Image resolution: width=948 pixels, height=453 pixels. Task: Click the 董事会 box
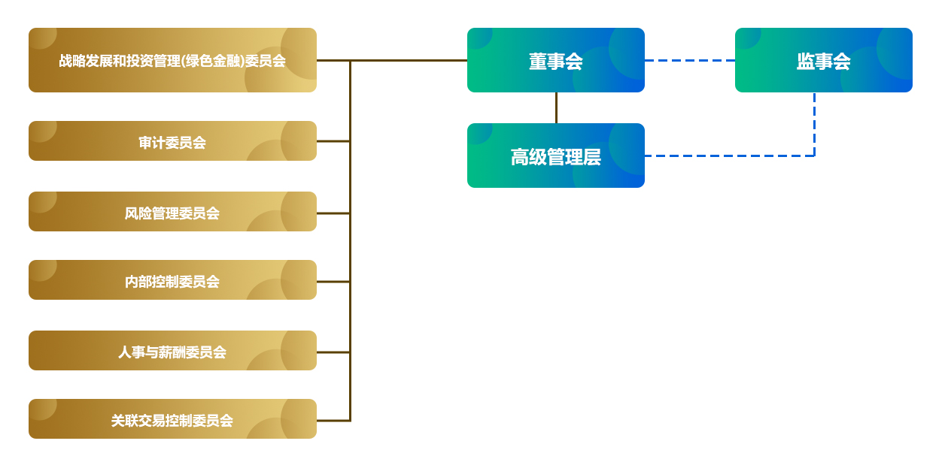[555, 60]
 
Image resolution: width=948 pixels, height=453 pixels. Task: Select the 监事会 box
[823, 60]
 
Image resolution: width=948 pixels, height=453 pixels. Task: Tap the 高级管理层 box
[555, 156]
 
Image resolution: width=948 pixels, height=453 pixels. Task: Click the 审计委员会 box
[172, 141]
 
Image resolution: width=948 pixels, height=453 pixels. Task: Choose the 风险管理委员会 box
[172, 212]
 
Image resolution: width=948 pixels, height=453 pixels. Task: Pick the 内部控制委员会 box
[172, 280]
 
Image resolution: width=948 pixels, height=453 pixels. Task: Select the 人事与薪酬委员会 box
[172, 351]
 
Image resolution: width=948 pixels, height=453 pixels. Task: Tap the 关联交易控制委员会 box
[172, 419]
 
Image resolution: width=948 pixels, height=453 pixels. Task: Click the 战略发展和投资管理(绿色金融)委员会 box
[172, 60]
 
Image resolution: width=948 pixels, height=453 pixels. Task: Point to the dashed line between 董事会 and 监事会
[689, 60]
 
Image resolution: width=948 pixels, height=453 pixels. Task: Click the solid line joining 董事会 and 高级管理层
[556, 107]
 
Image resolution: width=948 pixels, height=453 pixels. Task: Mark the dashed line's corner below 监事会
[814, 156]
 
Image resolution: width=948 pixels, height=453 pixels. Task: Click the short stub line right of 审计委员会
[333, 140]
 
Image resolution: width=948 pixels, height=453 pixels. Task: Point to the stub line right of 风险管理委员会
[333, 213]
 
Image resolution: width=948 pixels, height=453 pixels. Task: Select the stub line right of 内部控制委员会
[333, 282]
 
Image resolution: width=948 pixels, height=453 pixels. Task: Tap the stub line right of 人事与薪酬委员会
[333, 352]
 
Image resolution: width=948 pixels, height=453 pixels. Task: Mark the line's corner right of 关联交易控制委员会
[350, 420]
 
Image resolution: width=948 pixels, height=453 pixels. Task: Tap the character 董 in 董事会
[538, 62]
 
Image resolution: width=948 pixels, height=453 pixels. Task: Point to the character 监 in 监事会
[806, 62]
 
